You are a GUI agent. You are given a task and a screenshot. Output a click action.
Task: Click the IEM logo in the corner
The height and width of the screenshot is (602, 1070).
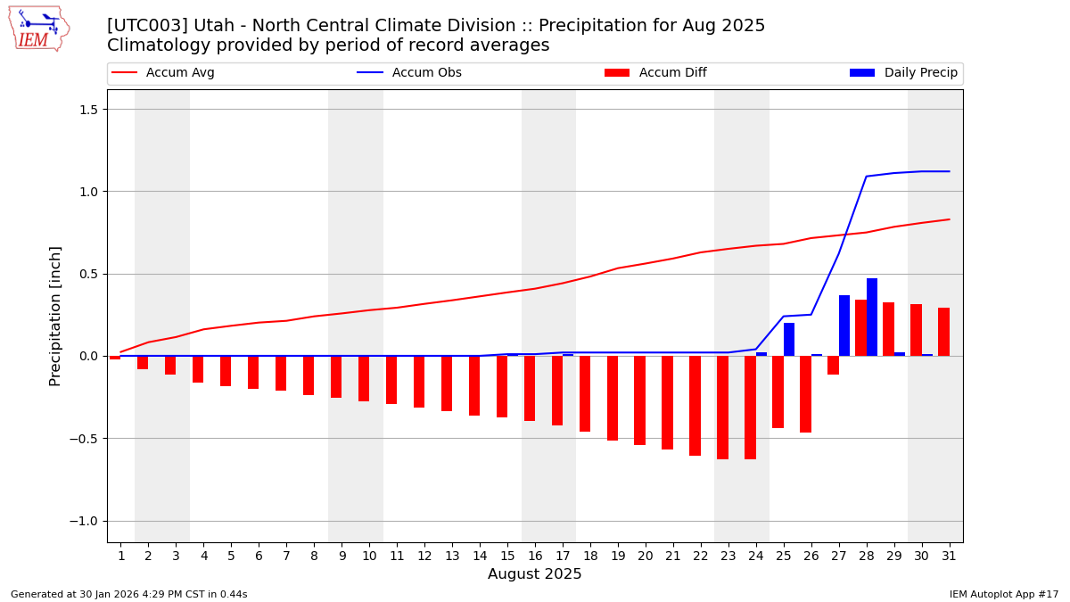(38, 29)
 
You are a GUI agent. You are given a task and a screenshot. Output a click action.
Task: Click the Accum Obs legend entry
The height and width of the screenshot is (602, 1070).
(426, 73)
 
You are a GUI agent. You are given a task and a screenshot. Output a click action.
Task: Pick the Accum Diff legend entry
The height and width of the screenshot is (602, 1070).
(672, 73)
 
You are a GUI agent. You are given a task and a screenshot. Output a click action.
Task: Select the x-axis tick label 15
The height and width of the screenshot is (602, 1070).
(507, 557)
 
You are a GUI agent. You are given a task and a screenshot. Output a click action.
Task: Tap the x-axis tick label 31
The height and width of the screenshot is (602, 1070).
(949, 557)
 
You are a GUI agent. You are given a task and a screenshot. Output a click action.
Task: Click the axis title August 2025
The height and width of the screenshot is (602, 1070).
(534, 575)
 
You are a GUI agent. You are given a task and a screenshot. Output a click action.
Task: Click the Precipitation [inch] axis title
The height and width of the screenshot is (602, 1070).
(55, 316)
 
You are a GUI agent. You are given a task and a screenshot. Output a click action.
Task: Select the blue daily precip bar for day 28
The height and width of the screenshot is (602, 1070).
(872, 317)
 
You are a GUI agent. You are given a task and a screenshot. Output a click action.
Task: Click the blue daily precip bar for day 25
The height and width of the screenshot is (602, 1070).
(789, 340)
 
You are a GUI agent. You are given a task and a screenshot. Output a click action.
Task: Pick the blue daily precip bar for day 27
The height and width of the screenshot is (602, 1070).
(844, 326)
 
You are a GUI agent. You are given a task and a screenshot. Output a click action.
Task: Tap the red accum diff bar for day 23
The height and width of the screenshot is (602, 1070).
(722, 408)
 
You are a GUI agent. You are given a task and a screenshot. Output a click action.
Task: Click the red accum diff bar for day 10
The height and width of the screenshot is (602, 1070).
(364, 378)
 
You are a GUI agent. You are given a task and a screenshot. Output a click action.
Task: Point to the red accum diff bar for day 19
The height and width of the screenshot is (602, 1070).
(613, 398)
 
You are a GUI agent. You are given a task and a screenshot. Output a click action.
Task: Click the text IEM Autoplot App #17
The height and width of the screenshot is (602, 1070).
(1004, 595)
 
